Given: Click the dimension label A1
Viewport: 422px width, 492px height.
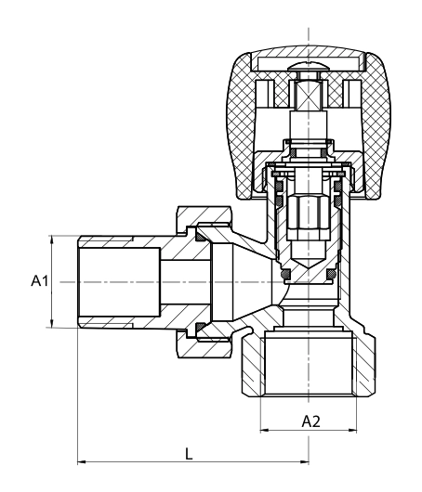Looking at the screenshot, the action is (40, 280).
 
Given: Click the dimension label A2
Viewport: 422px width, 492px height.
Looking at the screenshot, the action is (311, 421).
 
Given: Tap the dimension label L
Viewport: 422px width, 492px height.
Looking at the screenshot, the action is (189, 454).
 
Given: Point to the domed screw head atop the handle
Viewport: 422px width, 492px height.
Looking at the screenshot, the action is (309, 66).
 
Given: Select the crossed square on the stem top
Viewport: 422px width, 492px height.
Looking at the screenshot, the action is (309, 96).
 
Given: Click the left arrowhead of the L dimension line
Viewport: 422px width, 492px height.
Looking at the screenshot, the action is (82, 461).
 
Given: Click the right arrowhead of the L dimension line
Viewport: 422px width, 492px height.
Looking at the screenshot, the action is (305, 461).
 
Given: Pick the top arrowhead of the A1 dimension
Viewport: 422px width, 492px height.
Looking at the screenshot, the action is (52, 240).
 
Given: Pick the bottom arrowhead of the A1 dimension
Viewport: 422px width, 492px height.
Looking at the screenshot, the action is (52, 323).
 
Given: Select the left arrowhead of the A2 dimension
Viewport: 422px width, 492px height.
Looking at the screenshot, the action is (265, 430).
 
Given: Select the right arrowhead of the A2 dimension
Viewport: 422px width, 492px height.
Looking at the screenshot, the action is (352, 430).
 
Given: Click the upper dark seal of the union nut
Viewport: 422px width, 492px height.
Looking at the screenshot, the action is (200, 238).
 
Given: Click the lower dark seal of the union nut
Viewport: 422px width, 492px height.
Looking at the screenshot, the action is (200, 328).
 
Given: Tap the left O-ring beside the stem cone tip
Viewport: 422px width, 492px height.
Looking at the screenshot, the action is (286, 274).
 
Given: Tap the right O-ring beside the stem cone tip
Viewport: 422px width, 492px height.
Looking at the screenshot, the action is (332, 274).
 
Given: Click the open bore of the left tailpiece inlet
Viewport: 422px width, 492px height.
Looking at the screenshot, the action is (119, 282).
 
